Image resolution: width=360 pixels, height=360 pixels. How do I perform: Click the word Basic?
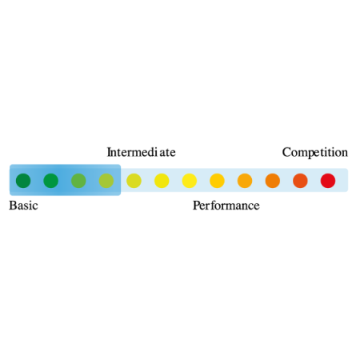point(23,206)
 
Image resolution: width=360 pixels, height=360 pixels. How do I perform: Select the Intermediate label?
point(141,152)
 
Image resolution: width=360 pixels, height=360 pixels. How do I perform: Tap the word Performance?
point(226,206)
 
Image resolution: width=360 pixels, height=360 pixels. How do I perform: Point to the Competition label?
point(315,153)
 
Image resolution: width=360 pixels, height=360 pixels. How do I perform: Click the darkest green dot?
point(23,181)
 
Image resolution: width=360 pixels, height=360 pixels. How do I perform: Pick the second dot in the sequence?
point(51,181)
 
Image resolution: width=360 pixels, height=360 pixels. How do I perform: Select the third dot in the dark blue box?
point(78,181)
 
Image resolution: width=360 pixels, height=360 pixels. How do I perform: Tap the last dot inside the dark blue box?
point(106,181)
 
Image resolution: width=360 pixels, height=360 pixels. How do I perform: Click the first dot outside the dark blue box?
point(134,181)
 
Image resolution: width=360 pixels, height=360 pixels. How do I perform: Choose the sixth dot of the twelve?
point(162,181)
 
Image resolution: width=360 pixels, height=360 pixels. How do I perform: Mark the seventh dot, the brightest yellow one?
point(190,181)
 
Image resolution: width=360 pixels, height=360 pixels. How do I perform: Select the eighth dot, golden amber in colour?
point(217,181)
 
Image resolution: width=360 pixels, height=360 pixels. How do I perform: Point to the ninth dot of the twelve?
point(245,181)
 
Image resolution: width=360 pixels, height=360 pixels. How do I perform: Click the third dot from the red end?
point(273,181)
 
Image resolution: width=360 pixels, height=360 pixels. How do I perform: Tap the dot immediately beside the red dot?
point(300,181)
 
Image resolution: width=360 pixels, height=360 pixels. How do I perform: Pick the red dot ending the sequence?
point(328,181)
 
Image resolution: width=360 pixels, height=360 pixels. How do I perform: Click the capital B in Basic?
point(12,206)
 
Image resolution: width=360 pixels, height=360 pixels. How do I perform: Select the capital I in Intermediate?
point(109,152)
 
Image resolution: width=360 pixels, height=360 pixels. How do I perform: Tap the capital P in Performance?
point(196,206)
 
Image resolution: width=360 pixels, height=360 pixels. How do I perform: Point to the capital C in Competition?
point(286,152)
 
